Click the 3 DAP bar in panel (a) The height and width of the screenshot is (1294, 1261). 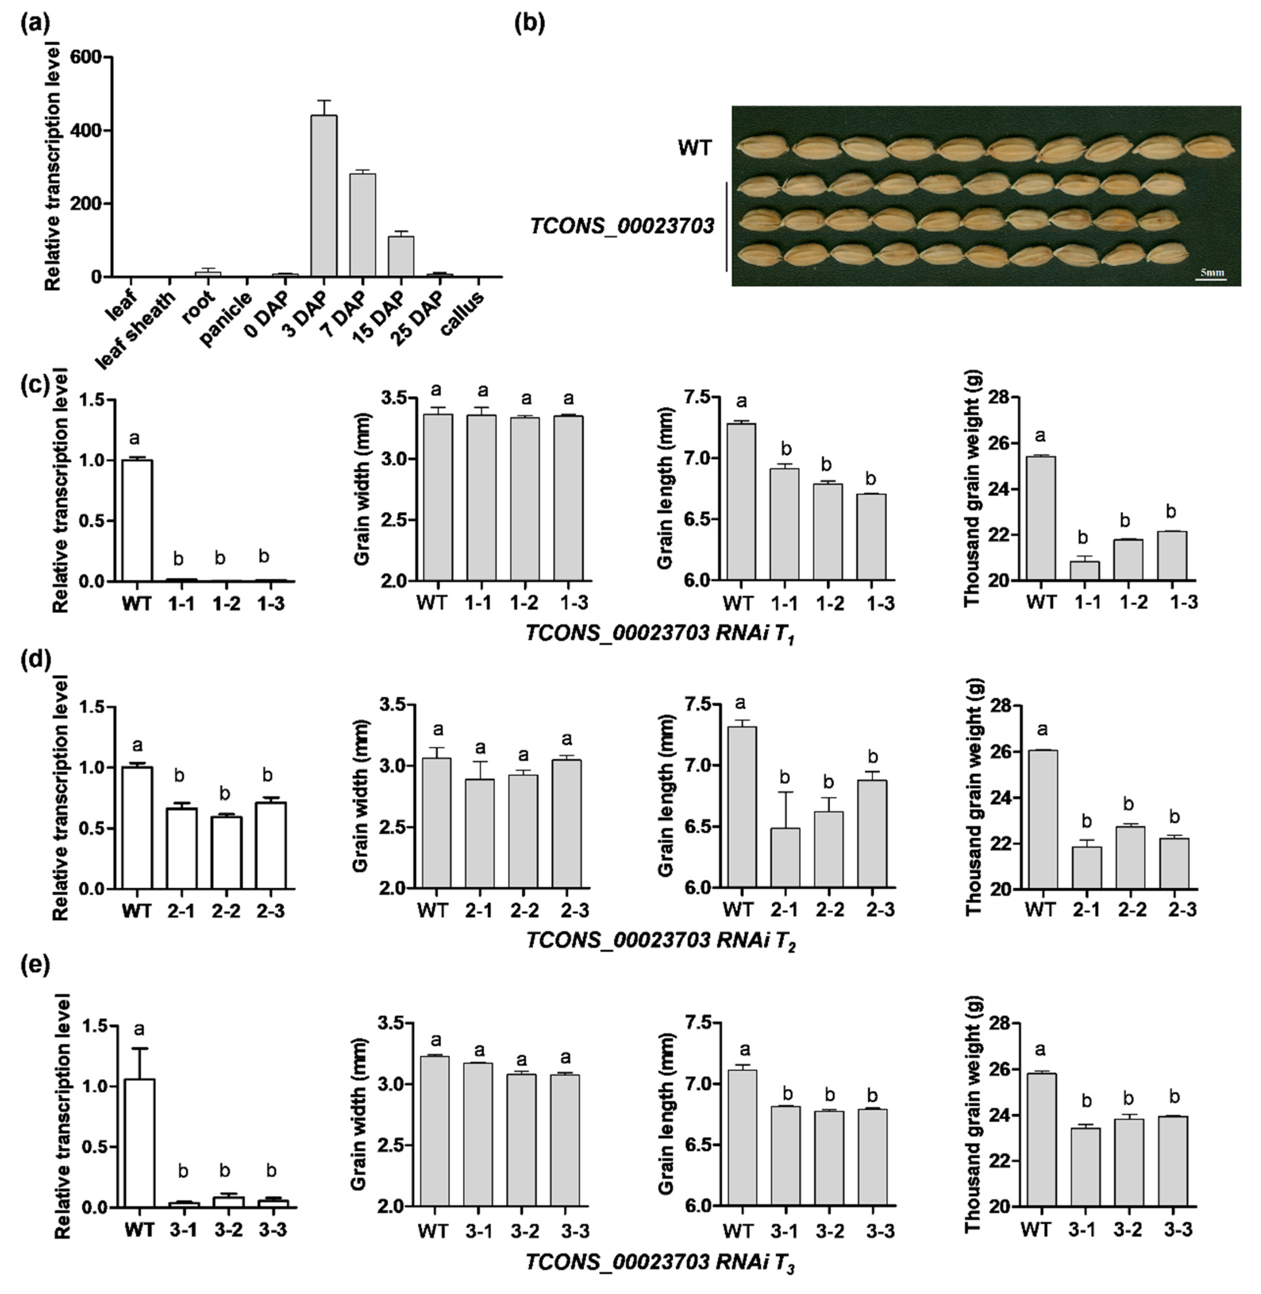324,196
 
